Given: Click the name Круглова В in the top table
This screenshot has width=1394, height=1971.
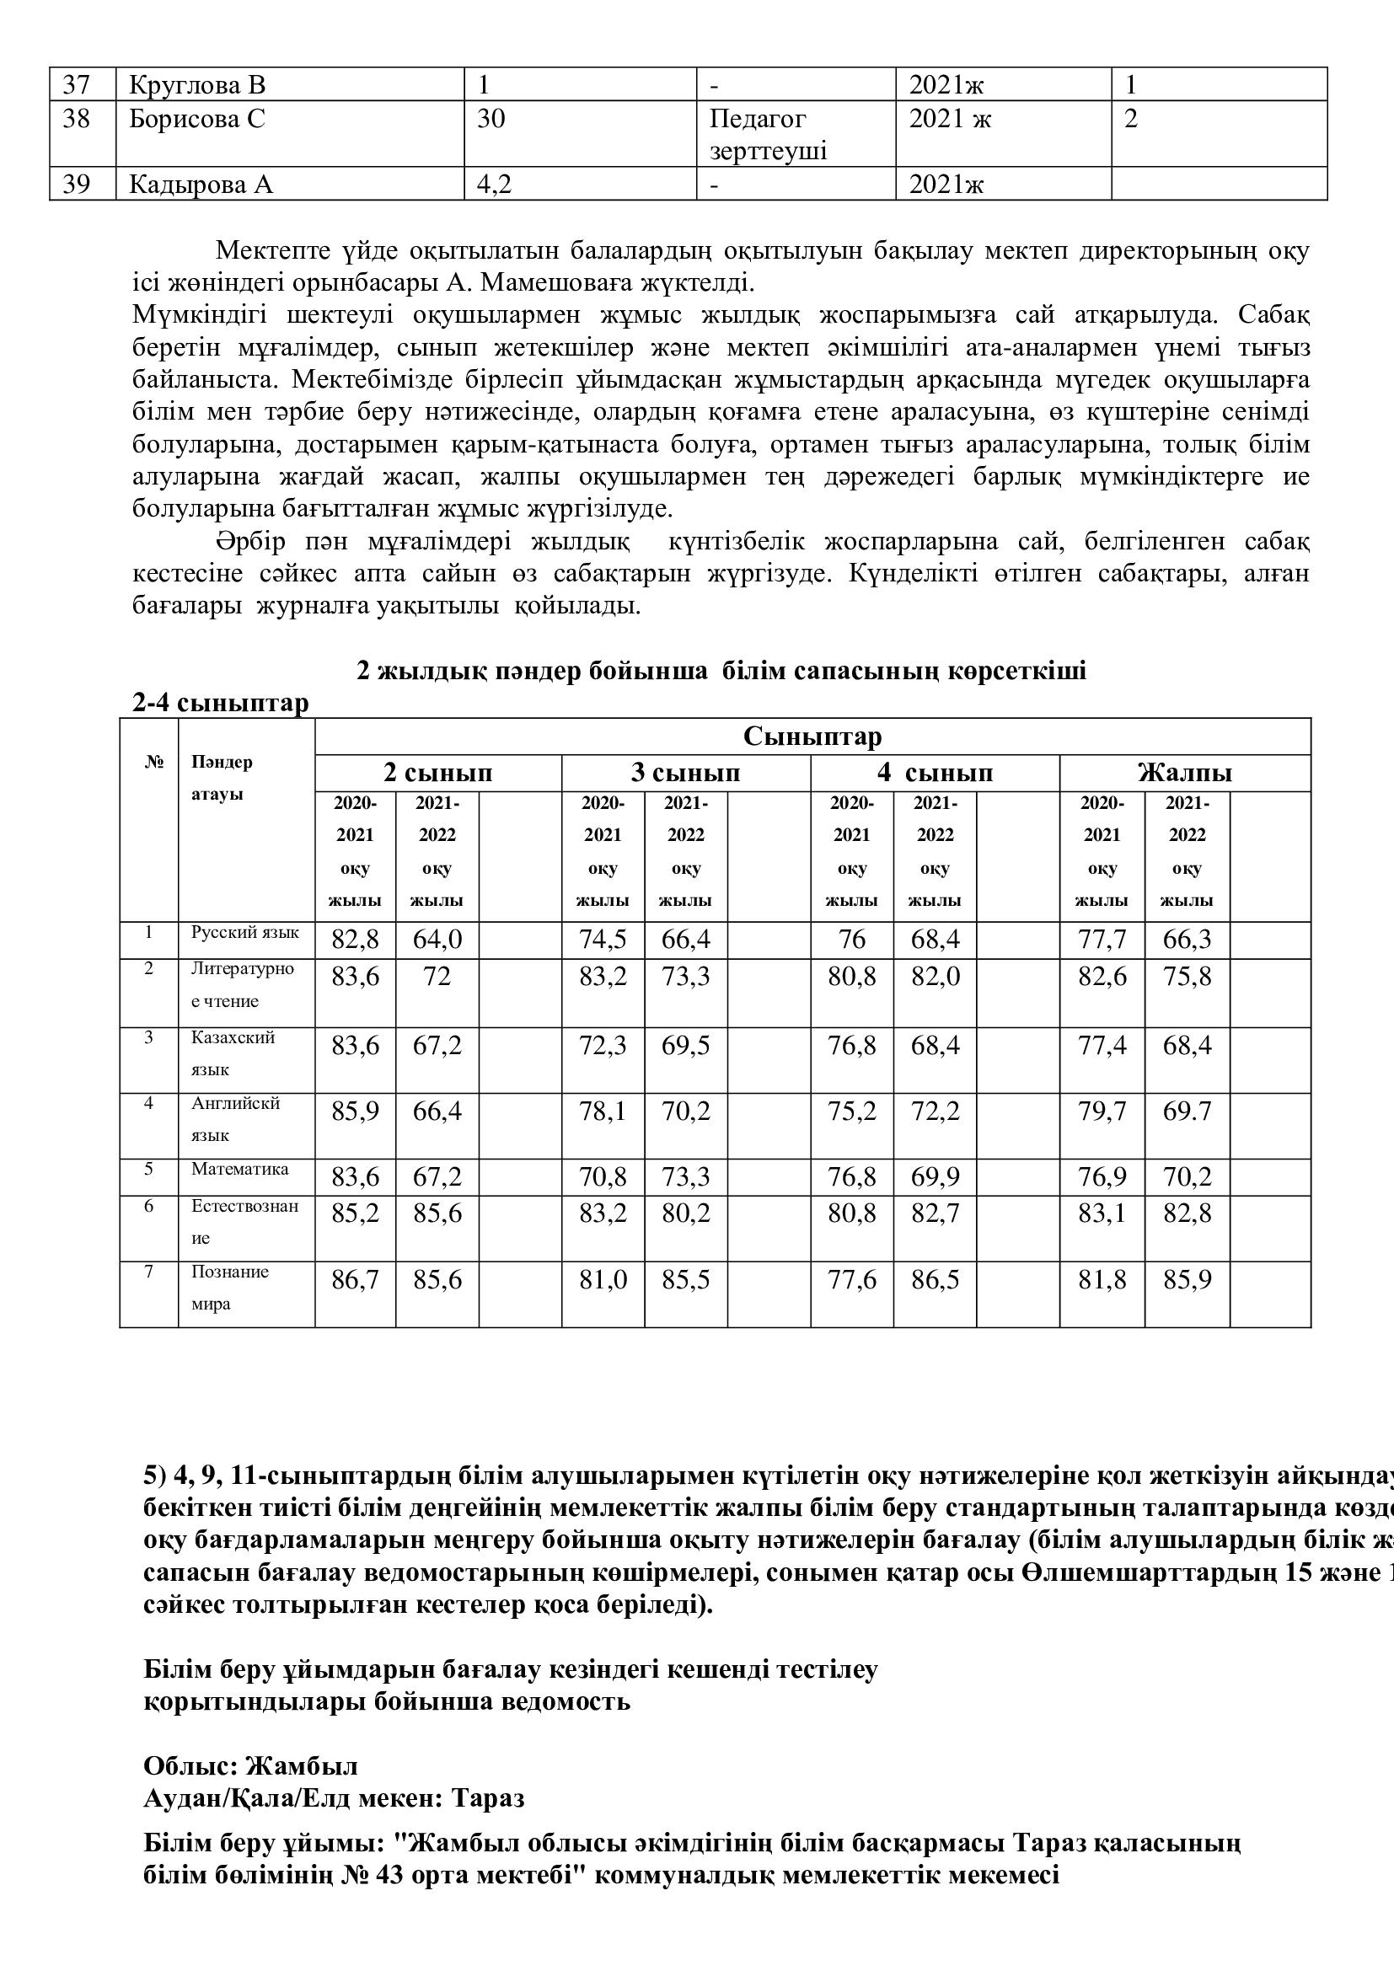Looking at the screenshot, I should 197,85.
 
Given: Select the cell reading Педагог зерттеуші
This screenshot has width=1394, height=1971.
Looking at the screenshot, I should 769,135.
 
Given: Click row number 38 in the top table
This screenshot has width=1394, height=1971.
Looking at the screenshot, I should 77,119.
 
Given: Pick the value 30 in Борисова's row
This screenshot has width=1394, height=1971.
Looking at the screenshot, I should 491,119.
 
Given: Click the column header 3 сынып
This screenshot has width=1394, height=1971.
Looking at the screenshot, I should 685,773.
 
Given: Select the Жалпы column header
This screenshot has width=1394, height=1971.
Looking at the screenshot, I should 1184,773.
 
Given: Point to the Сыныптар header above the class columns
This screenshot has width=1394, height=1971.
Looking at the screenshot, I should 812,736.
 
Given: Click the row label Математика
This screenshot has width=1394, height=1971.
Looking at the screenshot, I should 239,1168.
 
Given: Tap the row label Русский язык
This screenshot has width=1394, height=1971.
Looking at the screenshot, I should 244,932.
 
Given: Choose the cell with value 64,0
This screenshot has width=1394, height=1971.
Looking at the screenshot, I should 437,939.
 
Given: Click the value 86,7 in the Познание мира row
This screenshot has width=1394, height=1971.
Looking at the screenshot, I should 355,1280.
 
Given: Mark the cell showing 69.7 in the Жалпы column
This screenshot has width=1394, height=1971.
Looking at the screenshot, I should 1188,1111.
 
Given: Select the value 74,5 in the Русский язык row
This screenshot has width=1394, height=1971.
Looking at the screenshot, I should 603,939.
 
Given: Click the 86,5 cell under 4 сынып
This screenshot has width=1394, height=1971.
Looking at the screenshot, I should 935,1280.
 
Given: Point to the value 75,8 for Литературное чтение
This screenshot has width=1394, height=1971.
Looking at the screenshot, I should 1188,977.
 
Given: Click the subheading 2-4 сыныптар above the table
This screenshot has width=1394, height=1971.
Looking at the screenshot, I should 221,703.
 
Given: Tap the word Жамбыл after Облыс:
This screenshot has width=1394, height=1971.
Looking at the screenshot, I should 301,1766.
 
